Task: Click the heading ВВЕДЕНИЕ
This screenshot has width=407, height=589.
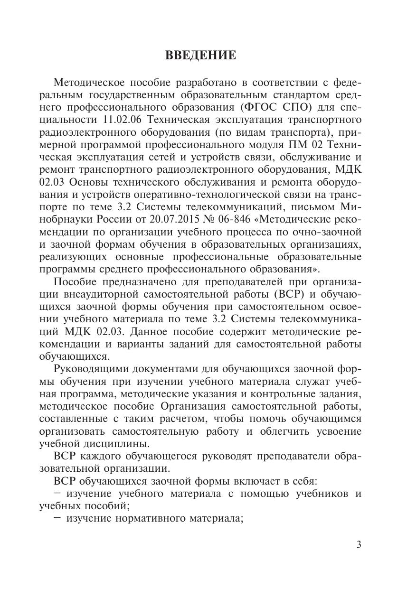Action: (x=200, y=56)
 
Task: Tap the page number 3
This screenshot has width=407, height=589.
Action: (x=359, y=544)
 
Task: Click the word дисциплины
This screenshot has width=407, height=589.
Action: (x=123, y=444)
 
